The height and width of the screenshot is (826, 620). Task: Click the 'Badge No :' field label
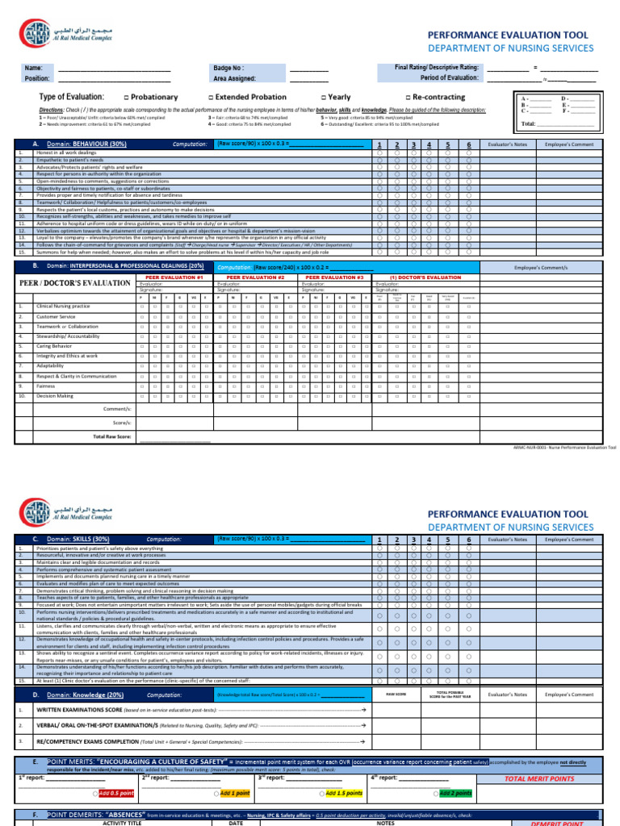tap(228, 69)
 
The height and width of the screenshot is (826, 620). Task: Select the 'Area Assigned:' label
tap(235, 79)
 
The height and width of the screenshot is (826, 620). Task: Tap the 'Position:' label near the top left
tap(37, 79)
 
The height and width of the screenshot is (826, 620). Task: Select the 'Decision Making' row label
tap(55, 396)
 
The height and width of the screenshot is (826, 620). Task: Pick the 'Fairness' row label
tap(48, 386)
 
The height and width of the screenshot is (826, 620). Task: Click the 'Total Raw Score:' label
tap(113, 436)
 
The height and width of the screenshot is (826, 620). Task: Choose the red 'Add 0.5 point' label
tap(115, 793)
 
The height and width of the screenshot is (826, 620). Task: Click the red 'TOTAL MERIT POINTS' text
tap(540, 778)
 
